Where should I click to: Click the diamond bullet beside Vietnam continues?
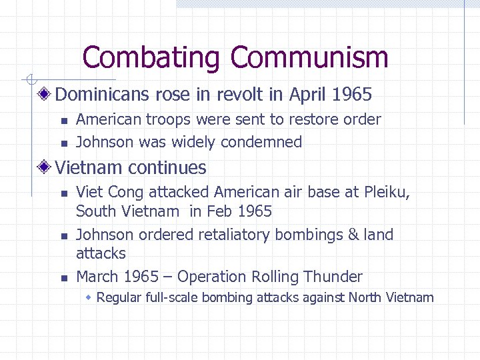(x=45, y=167)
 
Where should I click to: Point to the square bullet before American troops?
(x=64, y=121)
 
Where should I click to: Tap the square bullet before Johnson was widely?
(x=64, y=143)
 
